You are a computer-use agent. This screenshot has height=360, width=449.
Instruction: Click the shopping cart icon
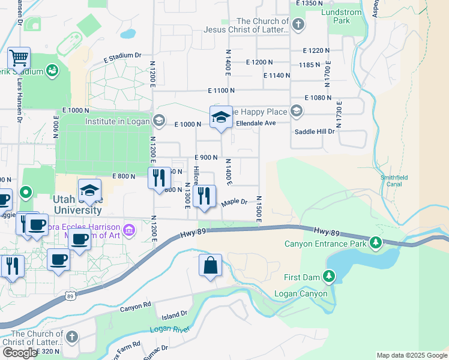coord(19,59)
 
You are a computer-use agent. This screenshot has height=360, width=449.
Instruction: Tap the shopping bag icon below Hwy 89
coord(210,265)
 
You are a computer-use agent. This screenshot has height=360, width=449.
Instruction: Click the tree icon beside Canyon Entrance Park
coord(376,242)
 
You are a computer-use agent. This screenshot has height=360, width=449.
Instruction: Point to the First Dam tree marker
coord(329,276)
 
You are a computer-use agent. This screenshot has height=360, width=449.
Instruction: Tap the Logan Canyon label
coord(300,293)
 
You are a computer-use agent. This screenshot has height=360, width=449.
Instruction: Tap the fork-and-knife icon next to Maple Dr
coord(204,196)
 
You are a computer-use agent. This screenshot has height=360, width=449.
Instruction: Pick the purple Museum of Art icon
coord(128,230)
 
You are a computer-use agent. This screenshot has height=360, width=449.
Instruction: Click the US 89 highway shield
coord(71,295)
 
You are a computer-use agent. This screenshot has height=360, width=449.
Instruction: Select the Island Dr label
coord(175,314)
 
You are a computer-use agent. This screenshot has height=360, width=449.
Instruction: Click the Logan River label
coord(170,329)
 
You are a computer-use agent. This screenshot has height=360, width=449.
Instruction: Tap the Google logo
coord(19,353)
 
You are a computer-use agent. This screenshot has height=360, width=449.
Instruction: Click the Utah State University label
coord(77,205)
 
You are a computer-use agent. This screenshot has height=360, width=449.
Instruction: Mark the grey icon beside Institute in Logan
coord(158,121)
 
